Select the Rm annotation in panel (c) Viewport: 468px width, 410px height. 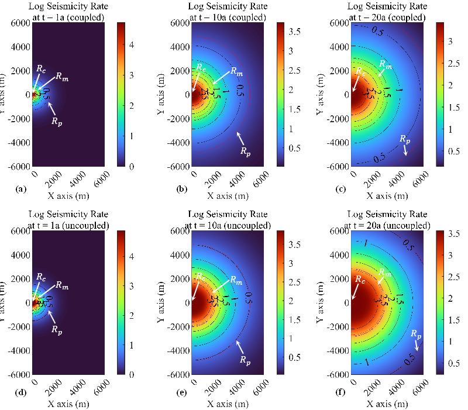pyautogui.click(x=386, y=64)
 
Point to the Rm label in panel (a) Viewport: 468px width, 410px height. pyautogui.click(x=63, y=76)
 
